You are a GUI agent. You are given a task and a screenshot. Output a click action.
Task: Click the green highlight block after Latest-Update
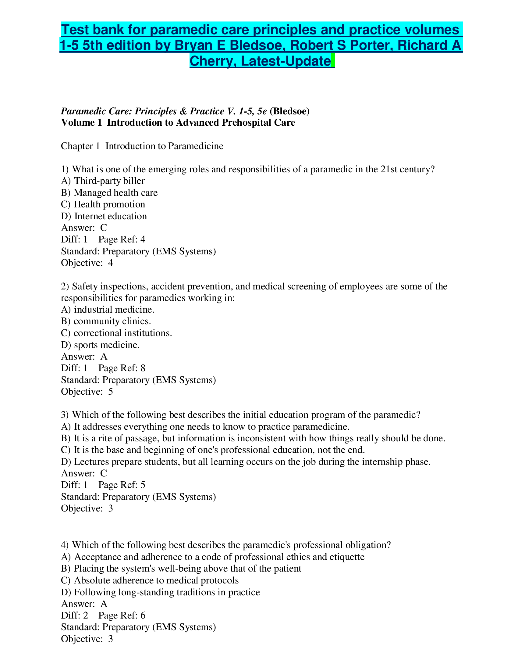tap(333, 60)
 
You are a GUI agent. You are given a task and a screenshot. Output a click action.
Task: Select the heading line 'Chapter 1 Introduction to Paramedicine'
tap(142, 145)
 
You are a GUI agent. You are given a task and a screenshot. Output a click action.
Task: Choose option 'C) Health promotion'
tap(103, 204)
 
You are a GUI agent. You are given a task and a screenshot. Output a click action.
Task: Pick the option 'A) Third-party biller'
tap(103, 181)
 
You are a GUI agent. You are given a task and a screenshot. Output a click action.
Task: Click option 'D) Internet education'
tap(104, 216)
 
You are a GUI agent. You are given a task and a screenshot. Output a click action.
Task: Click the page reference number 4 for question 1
tap(143, 239)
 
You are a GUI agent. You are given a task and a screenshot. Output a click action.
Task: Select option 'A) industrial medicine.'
tap(108, 309)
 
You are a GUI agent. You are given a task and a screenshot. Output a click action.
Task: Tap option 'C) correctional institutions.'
tap(116, 333)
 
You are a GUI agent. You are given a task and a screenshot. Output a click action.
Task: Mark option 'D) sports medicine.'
tap(100, 345)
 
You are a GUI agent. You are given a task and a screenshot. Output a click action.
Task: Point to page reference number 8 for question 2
tap(143, 368)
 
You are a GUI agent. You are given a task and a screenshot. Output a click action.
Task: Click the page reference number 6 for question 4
tap(143, 615)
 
